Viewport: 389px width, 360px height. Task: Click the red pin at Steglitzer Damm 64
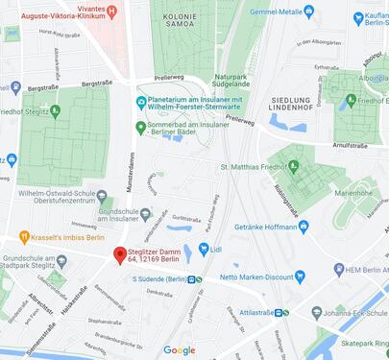tap(120, 255)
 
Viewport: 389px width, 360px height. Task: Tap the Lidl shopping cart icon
tap(204, 250)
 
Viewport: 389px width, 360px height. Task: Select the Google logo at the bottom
tap(179, 350)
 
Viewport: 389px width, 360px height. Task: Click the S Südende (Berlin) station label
tap(159, 279)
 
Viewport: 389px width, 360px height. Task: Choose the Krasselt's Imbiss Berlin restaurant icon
tap(23, 238)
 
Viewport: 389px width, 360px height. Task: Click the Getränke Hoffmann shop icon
tap(304, 227)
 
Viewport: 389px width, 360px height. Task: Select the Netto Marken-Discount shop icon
tap(299, 277)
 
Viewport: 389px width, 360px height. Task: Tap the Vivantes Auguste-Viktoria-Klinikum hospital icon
tap(112, 12)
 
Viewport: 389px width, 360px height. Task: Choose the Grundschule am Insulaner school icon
tap(146, 214)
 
